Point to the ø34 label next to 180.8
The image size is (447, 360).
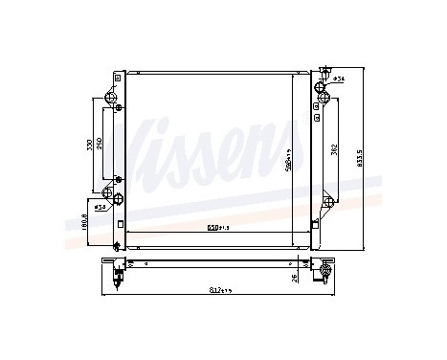101,205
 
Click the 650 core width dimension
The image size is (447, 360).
216,228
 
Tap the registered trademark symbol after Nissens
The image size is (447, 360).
316,117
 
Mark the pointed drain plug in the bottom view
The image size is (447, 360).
118,278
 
